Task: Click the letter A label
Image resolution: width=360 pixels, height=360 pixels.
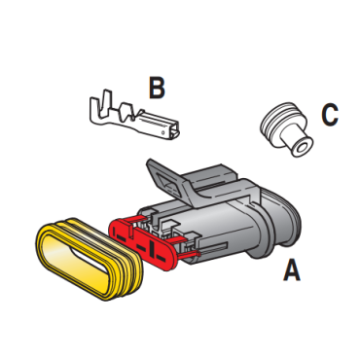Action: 292,270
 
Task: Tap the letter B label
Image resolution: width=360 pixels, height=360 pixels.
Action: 157,88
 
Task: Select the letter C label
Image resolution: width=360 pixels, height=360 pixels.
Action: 330,115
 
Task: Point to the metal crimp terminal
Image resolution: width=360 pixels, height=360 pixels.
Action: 134,115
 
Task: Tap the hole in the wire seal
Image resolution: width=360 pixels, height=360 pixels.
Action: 301,148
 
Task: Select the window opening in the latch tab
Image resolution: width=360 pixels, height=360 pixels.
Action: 167,184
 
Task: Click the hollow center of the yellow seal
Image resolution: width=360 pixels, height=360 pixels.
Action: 81,261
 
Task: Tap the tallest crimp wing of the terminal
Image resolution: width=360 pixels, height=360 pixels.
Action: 105,103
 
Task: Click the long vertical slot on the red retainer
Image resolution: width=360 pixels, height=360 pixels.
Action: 151,248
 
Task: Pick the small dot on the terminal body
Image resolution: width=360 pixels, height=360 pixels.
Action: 162,132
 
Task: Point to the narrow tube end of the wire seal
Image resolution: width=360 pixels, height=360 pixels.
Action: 297,143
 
